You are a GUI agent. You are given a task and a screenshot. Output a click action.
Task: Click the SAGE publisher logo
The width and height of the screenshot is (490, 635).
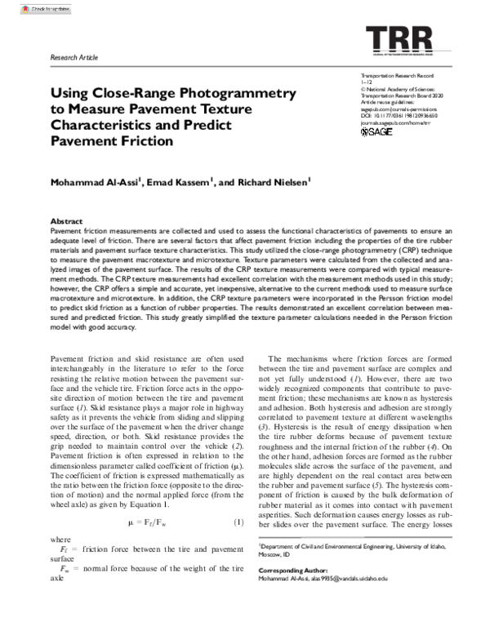[376, 131]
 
